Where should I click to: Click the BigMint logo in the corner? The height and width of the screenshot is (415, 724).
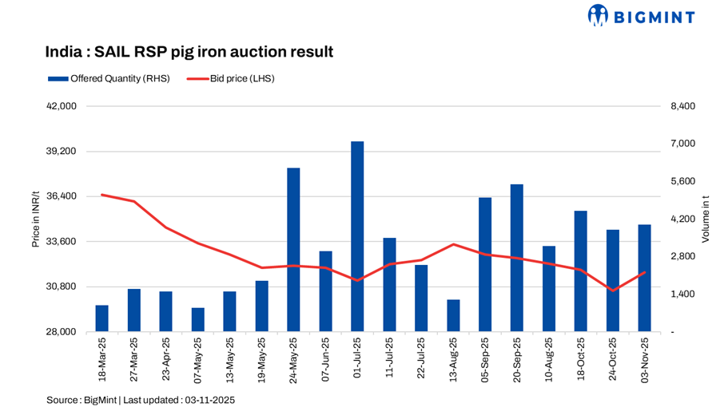[x=641, y=15]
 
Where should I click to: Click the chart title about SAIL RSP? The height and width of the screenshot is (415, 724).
[x=189, y=52]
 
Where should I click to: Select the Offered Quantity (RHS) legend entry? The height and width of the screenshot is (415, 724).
[x=109, y=78]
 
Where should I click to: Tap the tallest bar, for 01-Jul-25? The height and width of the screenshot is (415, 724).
[x=357, y=236]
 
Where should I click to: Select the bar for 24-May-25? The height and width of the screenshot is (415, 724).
[x=293, y=249]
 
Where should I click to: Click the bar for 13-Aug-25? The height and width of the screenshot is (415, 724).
[x=453, y=315]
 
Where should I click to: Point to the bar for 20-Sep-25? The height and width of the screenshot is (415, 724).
[x=517, y=257]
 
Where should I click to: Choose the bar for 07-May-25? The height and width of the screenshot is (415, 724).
[x=197, y=319]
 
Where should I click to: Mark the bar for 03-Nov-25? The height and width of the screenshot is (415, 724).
[x=644, y=278]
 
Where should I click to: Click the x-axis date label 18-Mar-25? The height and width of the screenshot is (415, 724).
[x=102, y=359]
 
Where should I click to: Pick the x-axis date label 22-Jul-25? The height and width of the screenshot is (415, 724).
[x=422, y=359]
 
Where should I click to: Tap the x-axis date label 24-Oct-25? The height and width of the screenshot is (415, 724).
[x=614, y=359]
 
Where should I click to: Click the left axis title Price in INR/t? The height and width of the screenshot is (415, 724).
[x=35, y=219]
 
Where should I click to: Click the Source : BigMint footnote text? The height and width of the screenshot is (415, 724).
[x=141, y=399]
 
